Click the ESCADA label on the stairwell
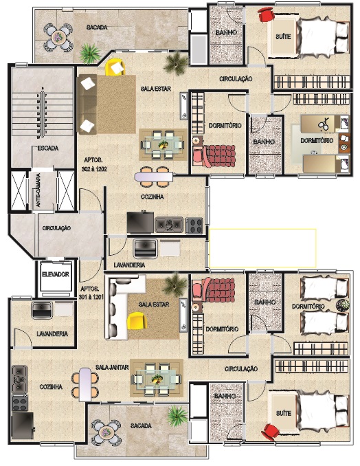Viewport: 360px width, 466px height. tap(48, 148)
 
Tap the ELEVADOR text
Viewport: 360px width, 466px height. tap(56, 274)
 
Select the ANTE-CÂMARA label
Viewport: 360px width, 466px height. tap(38, 190)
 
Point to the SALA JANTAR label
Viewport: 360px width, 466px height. tap(112, 367)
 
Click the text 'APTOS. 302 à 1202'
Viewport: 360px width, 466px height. tap(94, 164)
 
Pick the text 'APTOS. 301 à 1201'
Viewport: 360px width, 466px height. tap(91, 293)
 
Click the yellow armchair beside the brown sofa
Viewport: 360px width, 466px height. tap(115, 67)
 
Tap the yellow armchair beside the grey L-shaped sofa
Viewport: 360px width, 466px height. tap(137, 320)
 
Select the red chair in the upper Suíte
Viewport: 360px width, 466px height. tap(266, 14)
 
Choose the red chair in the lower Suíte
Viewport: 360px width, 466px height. tap(270, 431)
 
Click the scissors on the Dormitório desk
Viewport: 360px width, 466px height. tap(323, 124)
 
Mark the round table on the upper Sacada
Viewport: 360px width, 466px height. tap(58, 37)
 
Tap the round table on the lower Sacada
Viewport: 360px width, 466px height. tap(105, 432)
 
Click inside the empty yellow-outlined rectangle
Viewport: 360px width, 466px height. tap(262, 248)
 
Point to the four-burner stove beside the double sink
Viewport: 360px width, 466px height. tap(194, 225)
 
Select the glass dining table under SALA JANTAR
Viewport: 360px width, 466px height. tap(157, 379)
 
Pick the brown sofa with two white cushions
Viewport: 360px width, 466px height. tap(87, 104)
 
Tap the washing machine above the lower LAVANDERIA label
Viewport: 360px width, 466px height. tap(42, 310)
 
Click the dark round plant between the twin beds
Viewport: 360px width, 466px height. tap(343, 305)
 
